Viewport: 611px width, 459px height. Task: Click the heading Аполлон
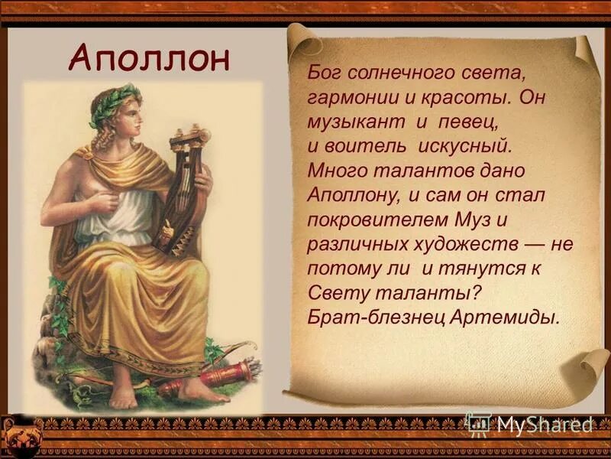tap(148, 57)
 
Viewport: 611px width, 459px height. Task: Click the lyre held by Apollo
tap(183, 191)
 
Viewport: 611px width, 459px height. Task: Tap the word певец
tap(457, 122)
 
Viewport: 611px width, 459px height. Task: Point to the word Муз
tap(471, 220)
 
